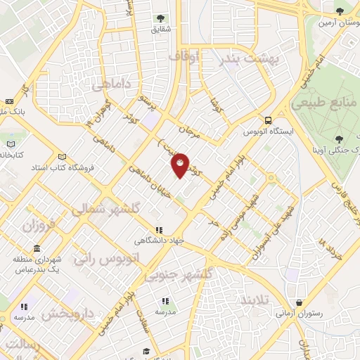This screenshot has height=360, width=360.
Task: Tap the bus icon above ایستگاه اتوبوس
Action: pyautogui.click(x=267, y=121)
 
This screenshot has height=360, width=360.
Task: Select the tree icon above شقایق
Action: pyautogui.click(x=160, y=20)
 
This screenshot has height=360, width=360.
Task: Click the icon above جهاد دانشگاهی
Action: pyautogui.click(x=160, y=230)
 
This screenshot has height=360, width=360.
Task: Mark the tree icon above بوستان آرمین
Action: pyautogui.click(x=340, y=11)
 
